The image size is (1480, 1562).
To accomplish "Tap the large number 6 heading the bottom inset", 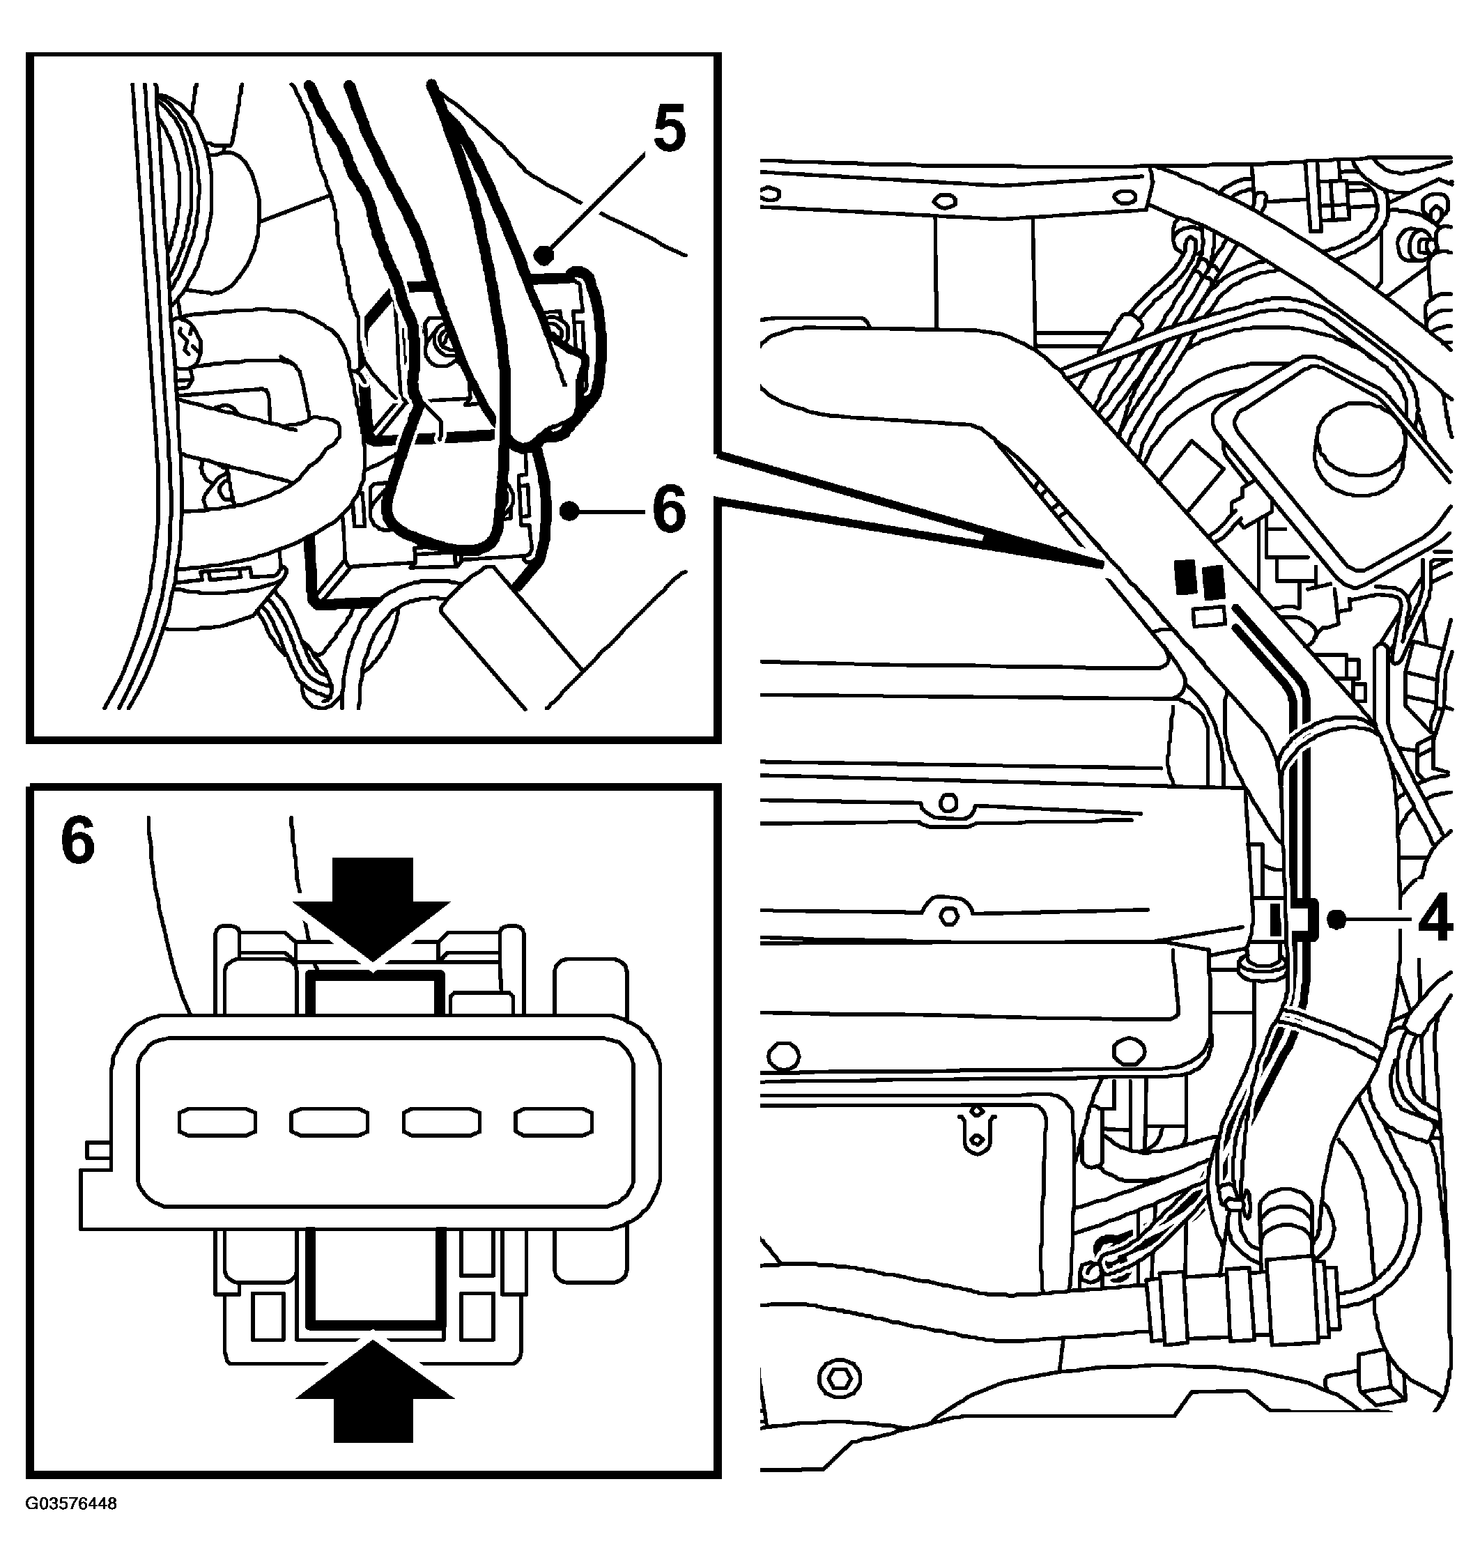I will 77,841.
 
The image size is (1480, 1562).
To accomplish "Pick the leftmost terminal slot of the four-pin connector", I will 217,1122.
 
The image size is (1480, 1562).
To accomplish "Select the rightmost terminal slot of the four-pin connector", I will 553,1122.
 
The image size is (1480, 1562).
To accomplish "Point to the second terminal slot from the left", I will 329,1122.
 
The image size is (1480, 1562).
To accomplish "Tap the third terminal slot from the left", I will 441,1122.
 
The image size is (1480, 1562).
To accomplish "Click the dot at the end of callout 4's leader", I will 1336,919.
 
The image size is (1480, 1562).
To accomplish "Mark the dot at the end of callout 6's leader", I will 566,511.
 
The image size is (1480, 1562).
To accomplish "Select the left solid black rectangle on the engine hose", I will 1183,577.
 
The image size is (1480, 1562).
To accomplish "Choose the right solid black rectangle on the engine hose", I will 1212,580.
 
